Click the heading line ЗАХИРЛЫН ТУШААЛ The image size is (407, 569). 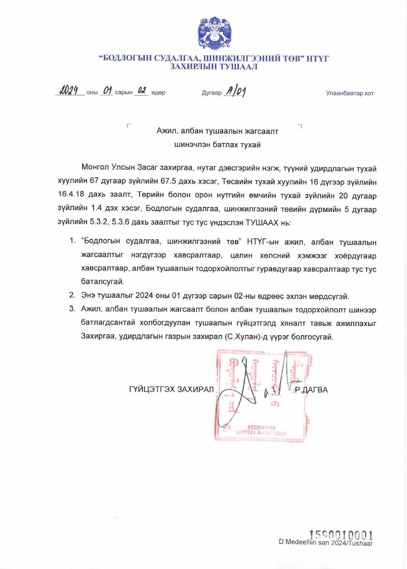tap(213, 67)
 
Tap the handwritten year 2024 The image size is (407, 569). tap(69, 91)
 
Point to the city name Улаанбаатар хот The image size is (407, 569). tap(350, 93)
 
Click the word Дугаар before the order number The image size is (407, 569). tap(211, 93)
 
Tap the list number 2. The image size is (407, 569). tap(72, 296)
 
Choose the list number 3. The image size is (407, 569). tap(72, 309)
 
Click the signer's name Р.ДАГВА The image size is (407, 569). tap(312, 390)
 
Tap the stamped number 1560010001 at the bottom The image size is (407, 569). tap(341, 535)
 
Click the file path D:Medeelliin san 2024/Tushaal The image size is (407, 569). tap(325, 543)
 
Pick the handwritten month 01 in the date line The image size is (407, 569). tap(106, 91)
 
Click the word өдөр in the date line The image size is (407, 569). tap(158, 93)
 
